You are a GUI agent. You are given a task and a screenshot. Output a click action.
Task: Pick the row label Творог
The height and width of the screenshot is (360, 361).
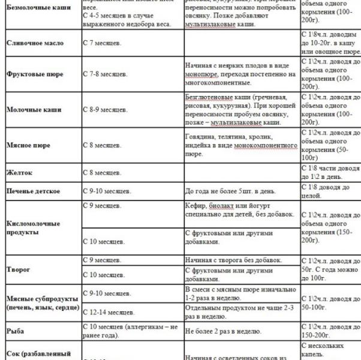click(17, 269)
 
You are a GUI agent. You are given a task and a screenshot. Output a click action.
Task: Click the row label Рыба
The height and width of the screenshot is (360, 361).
click(15, 330)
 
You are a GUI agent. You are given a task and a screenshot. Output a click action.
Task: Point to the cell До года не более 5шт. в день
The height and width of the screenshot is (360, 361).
click(230, 191)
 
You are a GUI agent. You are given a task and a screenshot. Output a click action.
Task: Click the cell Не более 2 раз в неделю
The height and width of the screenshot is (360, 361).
click(223, 331)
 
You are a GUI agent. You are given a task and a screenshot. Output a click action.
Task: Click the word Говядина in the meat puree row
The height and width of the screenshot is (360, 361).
click(201, 136)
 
